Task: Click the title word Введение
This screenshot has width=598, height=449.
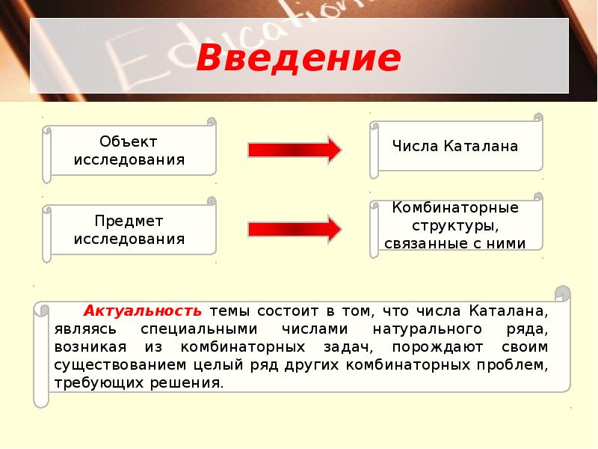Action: (x=298, y=58)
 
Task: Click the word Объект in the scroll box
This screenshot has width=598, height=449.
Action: (x=129, y=141)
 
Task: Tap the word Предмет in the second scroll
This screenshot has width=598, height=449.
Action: (x=129, y=222)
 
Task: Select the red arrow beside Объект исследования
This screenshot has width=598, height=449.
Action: (x=295, y=150)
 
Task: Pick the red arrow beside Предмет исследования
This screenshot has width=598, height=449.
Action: (x=295, y=229)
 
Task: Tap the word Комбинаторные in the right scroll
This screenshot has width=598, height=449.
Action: (x=455, y=207)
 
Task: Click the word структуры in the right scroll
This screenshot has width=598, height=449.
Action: (x=455, y=225)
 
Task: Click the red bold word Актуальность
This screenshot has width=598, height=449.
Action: (x=143, y=310)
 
